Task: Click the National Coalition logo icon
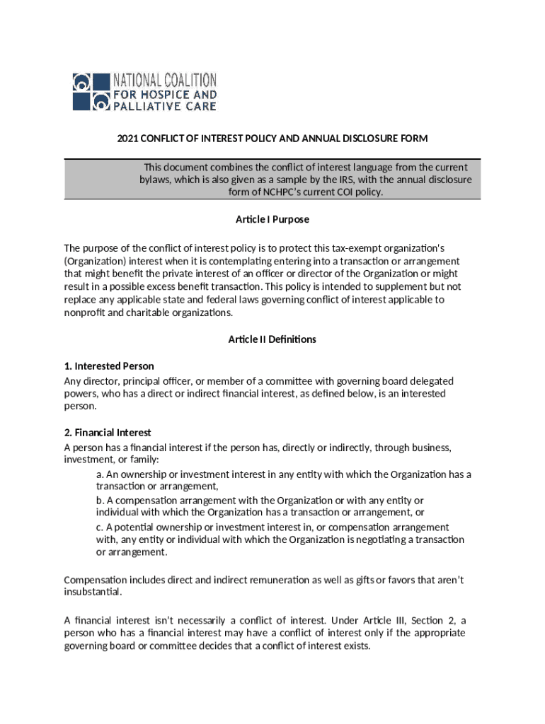(x=91, y=91)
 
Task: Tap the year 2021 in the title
(x=128, y=139)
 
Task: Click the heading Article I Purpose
(x=272, y=219)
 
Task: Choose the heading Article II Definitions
(x=272, y=339)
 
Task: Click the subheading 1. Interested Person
(x=109, y=366)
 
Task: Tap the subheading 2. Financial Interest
(x=108, y=433)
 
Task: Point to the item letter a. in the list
(x=100, y=474)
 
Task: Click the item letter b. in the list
(x=100, y=501)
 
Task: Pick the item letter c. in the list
(x=100, y=527)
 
